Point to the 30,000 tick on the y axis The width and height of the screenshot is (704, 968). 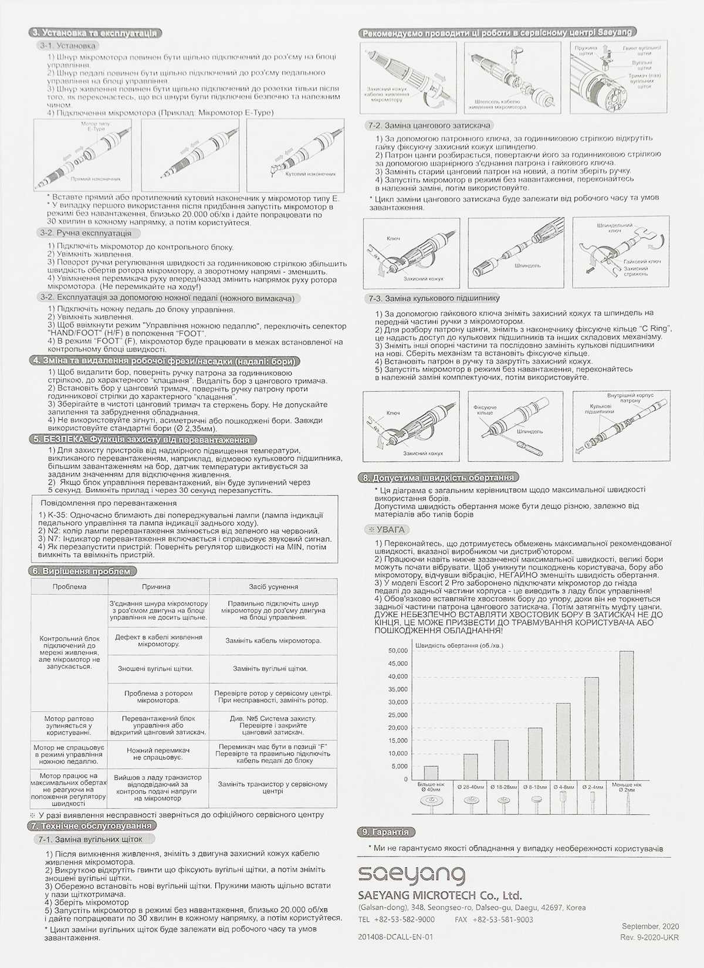click(x=398, y=702)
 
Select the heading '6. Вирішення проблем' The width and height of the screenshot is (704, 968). click(x=83, y=570)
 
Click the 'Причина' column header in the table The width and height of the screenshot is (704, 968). click(x=155, y=586)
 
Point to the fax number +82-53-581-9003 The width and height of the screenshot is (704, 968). click(x=509, y=919)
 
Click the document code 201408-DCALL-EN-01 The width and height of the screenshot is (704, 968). click(x=394, y=937)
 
